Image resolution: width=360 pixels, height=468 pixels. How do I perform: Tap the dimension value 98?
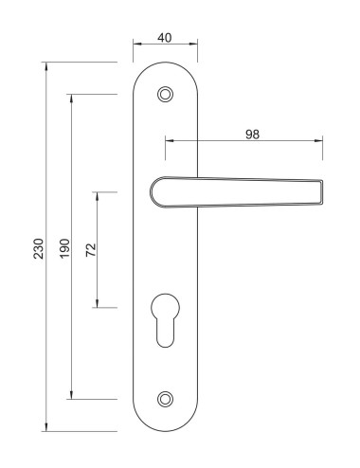[x=252, y=135]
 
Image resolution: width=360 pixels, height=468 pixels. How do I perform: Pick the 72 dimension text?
[x=91, y=250]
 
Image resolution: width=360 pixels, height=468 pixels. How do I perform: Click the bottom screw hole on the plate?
[x=167, y=399]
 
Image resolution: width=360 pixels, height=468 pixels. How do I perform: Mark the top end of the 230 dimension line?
[x=45, y=63]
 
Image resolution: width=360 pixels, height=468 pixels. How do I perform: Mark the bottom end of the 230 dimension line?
[x=45, y=431]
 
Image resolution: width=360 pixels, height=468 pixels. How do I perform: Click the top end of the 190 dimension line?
[x=72, y=94]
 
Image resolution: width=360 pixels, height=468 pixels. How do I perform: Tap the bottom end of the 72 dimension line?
[x=99, y=307]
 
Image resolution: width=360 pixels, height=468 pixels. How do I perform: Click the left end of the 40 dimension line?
[x=134, y=44]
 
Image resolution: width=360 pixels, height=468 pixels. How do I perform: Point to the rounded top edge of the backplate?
[x=167, y=63]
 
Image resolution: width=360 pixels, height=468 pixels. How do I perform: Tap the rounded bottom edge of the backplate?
[x=167, y=430]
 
